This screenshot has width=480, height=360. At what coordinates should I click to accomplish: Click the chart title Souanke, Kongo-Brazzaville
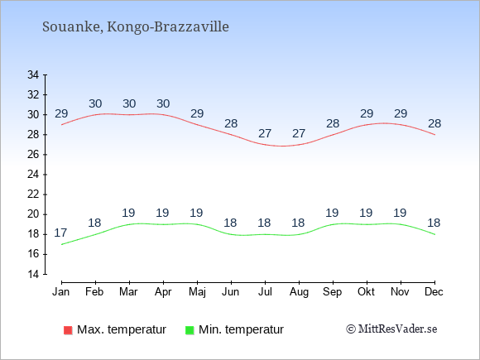pyautogui.click(x=135, y=27)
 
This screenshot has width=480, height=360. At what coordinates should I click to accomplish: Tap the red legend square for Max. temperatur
pyautogui.click(x=68, y=330)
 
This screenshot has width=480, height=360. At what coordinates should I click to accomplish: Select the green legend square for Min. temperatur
pyautogui.click(x=190, y=330)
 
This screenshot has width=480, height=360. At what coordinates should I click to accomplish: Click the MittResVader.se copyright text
pyautogui.click(x=391, y=329)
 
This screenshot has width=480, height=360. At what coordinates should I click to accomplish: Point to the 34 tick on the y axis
pyautogui.click(x=33, y=74)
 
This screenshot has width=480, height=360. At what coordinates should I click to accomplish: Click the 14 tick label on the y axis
pyautogui.click(x=33, y=274)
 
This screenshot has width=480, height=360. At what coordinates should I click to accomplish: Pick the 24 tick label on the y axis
pyautogui.click(x=33, y=175)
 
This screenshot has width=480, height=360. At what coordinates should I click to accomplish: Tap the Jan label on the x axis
pyautogui.click(x=61, y=292)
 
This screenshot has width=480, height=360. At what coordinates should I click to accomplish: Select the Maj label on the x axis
pyautogui.click(x=197, y=292)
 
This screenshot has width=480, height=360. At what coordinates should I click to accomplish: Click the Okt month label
pyautogui.click(x=366, y=292)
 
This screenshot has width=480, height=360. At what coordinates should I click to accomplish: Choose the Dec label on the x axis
pyautogui.click(x=434, y=292)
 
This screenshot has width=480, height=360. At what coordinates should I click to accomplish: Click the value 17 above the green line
pyautogui.click(x=60, y=233)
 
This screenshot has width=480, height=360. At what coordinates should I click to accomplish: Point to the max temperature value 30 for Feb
pyautogui.click(x=95, y=103)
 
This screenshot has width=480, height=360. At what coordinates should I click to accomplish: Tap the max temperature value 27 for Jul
pyautogui.click(x=265, y=133)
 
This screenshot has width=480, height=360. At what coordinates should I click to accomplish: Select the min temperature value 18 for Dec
pyautogui.click(x=434, y=223)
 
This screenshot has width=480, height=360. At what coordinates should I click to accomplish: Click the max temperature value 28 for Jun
pyautogui.click(x=231, y=123)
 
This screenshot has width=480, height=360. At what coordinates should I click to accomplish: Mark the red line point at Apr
pyautogui.click(x=163, y=115)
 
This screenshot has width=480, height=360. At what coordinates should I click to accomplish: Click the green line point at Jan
pyautogui.click(x=61, y=244)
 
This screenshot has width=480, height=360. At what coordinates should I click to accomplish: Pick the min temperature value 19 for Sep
pyautogui.click(x=332, y=213)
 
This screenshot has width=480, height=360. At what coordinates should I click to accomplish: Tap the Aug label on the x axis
pyautogui.click(x=299, y=292)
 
